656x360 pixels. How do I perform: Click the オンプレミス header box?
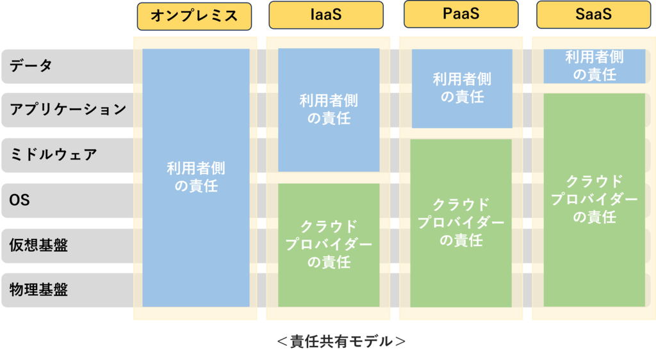coord(195,16)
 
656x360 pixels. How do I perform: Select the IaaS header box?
coord(326,15)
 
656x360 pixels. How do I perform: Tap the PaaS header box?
coord(461,14)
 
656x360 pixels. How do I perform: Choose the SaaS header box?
coord(594,15)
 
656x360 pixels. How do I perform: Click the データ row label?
coord(31,65)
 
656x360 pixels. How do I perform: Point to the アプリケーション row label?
coord(68,110)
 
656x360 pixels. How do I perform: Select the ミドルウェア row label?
coord(53,155)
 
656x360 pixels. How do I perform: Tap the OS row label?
coord(20,200)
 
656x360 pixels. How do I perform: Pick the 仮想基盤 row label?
coord(38,245)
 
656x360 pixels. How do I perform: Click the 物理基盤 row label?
coord(38,290)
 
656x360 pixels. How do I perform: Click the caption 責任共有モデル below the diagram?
coord(341,341)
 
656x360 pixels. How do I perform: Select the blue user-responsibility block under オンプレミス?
coord(196,177)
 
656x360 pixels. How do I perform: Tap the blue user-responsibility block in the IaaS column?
coord(329,110)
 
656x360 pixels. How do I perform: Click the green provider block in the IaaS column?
coord(329,245)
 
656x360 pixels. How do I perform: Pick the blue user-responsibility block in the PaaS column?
coord(462,88)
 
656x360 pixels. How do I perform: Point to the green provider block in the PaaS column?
coord(461,224)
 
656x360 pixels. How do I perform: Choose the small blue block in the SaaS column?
coord(594,66)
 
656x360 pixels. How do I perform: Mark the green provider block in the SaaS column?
coord(594,200)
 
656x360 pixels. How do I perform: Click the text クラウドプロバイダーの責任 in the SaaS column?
coord(594,199)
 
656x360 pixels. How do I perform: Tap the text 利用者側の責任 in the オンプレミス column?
coord(196,177)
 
